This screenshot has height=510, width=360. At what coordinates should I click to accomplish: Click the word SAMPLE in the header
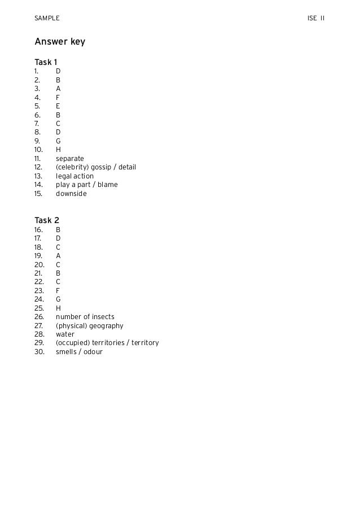[x=47, y=19]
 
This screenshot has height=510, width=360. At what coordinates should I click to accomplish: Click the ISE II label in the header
[x=316, y=19]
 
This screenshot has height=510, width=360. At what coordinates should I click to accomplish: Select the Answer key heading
[x=60, y=42]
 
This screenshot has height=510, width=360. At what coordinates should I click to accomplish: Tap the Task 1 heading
[x=46, y=62]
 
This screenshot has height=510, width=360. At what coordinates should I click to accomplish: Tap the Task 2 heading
[x=47, y=220]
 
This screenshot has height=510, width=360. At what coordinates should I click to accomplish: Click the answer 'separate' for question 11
[x=69, y=159]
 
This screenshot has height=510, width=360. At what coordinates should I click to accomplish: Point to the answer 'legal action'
[x=74, y=176]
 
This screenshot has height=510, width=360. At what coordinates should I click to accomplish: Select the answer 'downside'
[x=71, y=194]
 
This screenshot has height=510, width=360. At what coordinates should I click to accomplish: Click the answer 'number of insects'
[x=85, y=317]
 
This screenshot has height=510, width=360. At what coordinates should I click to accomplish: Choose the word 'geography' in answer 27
[x=106, y=326]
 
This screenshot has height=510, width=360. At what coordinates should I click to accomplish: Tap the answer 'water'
[x=65, y=334]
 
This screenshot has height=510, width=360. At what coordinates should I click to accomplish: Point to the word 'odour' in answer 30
[x=93, y=352]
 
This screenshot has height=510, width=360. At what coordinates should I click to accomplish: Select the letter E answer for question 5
[x=58, y=106]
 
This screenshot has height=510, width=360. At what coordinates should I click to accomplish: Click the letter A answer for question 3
[x=58, y=89]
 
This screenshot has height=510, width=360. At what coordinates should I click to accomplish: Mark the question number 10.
[x=38, y=150]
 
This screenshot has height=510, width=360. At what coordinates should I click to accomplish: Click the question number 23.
[x=39, y=291]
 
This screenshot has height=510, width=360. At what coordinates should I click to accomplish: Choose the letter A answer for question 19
[x=58, y=256]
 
